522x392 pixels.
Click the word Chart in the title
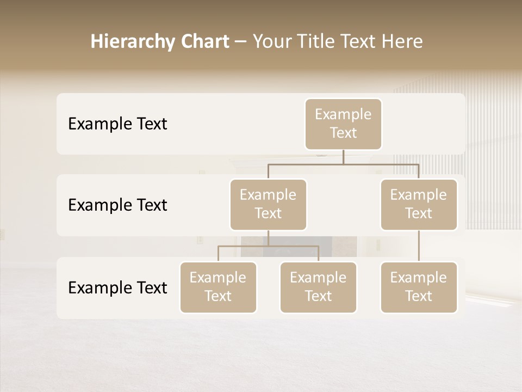(x=204, y=42)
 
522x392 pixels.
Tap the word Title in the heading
(x=320, y=42)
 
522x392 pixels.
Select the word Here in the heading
(x=403, y=42)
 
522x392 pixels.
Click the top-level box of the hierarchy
(x=343, y=124)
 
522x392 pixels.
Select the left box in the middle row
(x=268, y=205)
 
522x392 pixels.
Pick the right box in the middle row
(x=419, y=205)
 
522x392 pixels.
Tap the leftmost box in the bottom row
(x=218, y=287)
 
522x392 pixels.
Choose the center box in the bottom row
(x=318, y=287)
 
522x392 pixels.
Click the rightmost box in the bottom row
(x=419, y=287)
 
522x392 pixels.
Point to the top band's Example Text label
(x=117, y=124)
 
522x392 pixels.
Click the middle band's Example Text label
(x=117, y=205)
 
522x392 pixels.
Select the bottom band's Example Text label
(x=117, y=288)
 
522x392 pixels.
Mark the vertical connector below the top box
(x=343, y=157)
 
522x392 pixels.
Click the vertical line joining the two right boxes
(x=419, y=246)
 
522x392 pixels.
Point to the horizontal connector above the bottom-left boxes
(x=268, y=246)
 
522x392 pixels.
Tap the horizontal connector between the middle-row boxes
(x=343, y=164)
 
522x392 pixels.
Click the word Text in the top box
(x=343, y=133)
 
